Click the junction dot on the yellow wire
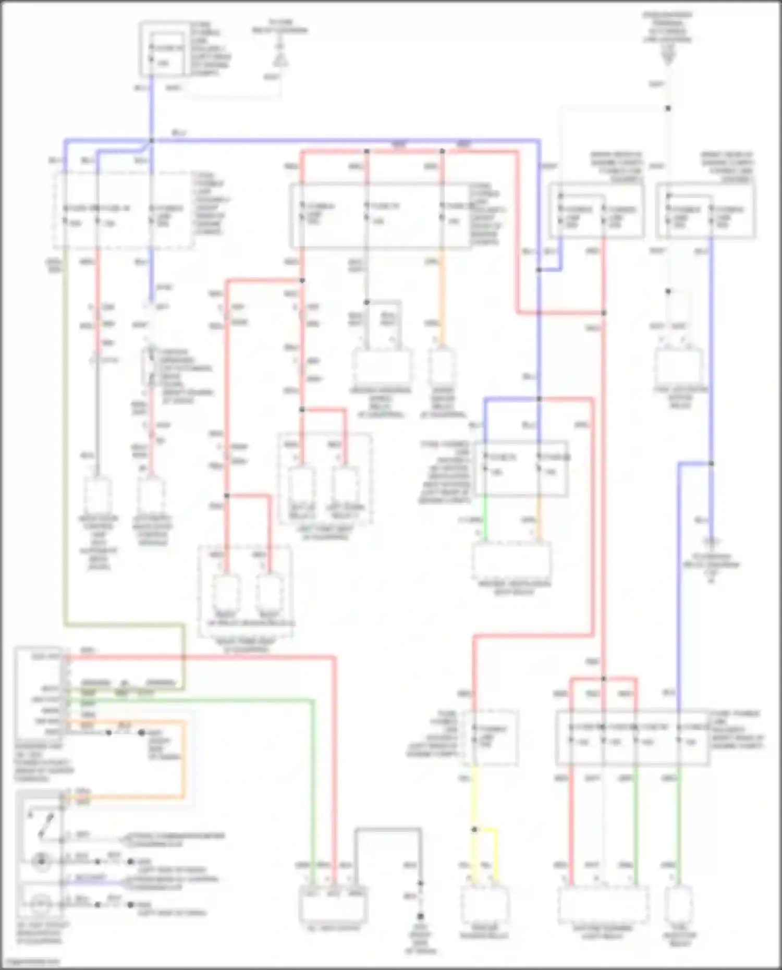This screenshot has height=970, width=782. pyautogui.click(x=474, y=829)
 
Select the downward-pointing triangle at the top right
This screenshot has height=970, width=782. pyautogui.click(x=668, y=59)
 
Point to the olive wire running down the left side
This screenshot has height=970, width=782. pyautogui.click(x=65, y=443)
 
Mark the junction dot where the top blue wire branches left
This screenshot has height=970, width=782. pyautogui.click(x=152, y=141)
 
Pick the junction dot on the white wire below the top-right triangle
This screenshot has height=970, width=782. pyautogui.click(x=668, y=108)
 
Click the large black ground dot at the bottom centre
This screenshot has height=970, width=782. pyautogui.click(x=420, y=916)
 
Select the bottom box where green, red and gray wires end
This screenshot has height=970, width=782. pyautogui.click(x=333, y=904)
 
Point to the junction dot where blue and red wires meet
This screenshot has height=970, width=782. pyautogui.click(x=539, y=399)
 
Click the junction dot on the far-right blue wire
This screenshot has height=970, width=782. pyautogui.click(x=711, y=463)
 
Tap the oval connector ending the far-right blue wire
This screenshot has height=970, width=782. pyautogui.click(x=711, y=541)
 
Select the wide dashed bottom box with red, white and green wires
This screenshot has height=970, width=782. pyautogui.click(x=603, y=904)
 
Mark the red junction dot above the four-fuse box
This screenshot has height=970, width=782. pyautogui.click(x=603, y=679)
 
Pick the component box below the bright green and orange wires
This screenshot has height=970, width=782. pyautogui.click(x=511, y=560)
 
